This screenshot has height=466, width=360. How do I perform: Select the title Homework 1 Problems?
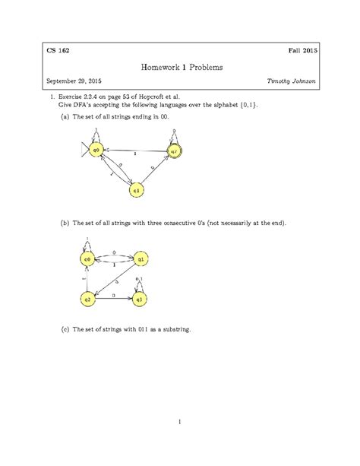[179, 68]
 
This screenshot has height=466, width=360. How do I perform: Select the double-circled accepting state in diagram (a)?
[174, 151]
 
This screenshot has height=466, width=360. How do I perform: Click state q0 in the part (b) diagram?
[87, 260]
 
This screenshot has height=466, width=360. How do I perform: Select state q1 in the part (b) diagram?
[140, 260]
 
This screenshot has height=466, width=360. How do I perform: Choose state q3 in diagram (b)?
[140, 299]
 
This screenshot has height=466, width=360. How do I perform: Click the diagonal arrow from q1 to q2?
[114, 279]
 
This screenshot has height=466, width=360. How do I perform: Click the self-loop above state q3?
[140, 284]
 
